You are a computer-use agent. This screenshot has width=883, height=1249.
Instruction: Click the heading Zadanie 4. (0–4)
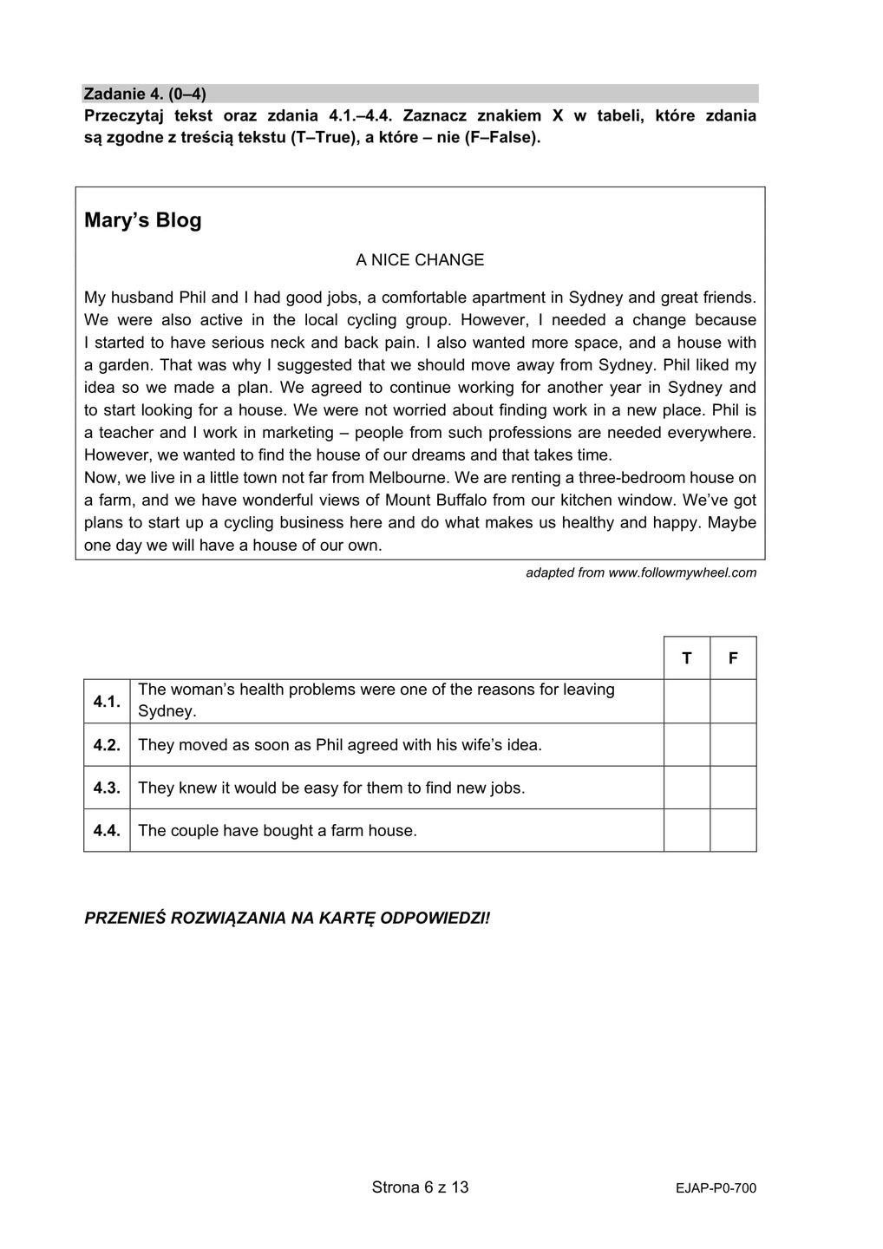(145, 94)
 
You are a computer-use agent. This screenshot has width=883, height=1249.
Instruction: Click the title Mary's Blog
(143, 220)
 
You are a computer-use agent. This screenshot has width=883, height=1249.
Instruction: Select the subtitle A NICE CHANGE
(420, 260)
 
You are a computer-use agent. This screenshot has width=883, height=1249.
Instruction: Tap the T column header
(687, 658)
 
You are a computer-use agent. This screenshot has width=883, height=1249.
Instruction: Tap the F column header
(733, 658)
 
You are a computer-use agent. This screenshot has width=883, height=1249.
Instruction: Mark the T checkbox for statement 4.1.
(687, 701)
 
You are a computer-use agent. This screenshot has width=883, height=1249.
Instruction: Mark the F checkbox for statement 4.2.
(733, 745)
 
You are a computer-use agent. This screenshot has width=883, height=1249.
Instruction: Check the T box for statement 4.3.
(687, 788)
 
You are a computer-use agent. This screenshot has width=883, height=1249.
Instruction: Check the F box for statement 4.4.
(733, 830)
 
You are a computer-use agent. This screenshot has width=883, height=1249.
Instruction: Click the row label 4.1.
(107, 701)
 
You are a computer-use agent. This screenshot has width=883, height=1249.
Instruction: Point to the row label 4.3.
(107, 788)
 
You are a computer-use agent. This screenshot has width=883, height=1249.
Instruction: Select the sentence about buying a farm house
(278, 830)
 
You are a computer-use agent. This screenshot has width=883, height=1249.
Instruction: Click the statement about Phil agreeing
(339, 745)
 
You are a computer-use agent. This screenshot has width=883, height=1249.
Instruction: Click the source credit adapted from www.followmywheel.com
(641, 573)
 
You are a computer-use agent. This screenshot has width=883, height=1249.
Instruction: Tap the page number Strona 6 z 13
(420, 1187)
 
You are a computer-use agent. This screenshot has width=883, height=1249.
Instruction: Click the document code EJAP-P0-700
(716, 1189)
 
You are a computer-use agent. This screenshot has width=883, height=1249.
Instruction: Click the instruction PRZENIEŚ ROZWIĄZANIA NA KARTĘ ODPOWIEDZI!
(287, 918)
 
